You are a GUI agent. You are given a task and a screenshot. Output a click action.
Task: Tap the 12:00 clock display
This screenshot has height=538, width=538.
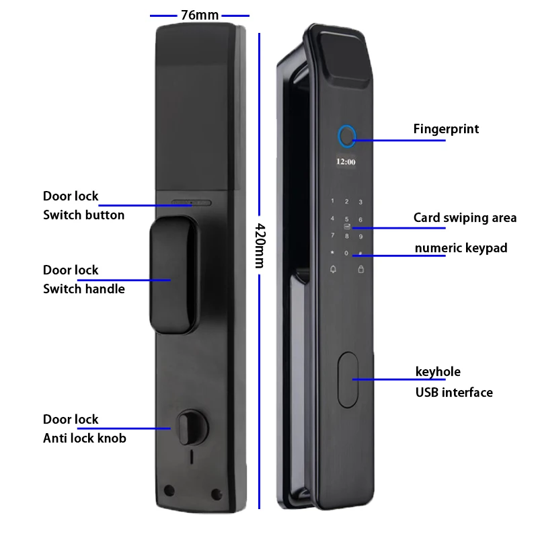coord(346,162)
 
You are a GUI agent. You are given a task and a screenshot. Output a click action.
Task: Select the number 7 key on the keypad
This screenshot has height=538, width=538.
coord(332,235)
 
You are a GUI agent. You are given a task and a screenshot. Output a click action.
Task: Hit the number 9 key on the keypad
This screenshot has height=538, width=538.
coord(360,236)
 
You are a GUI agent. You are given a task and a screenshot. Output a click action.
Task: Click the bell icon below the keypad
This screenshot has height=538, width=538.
coord(332,270)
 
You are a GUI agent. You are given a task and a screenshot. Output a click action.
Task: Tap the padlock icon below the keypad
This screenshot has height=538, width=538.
coord(360,270)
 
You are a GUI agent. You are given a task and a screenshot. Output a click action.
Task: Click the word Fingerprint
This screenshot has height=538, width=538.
coord(446,128)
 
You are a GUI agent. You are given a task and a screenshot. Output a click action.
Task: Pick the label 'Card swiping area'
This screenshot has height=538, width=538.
coord(465,217)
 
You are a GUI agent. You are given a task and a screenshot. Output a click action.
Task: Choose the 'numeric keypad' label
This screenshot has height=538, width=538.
coord(461,248)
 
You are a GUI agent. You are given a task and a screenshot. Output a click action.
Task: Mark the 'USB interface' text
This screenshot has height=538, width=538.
coord(454,392)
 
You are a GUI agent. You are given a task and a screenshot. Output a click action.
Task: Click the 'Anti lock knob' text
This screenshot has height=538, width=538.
coord(85,438)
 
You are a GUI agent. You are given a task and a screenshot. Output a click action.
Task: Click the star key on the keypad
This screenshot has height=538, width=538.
coord(332,253)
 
